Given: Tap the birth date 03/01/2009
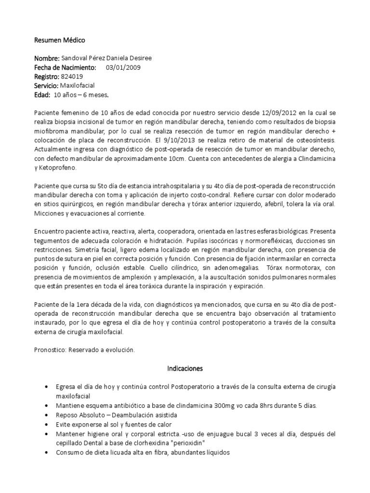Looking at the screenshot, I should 123,67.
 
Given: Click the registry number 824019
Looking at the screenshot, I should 72,77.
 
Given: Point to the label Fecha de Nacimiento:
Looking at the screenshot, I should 65,67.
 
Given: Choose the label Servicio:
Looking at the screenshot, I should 49,86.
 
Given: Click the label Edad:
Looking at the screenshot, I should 42,95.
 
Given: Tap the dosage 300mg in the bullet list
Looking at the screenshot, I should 221,405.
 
